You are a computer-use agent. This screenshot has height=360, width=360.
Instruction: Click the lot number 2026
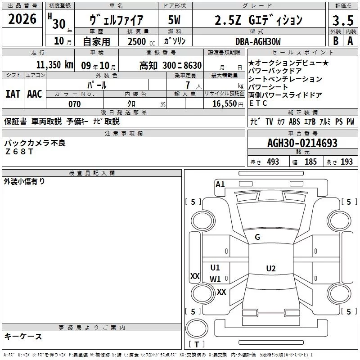[x=22, y=19]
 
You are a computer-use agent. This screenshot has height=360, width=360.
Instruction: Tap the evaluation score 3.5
[x=342, y=21]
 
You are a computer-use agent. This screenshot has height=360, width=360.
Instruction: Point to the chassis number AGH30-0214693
[x=302, y=144]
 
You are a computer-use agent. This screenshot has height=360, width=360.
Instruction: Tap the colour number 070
[x=75, y=104]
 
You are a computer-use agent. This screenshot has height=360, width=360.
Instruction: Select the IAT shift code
[x=13, y=94]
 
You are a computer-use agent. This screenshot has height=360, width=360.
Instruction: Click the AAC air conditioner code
[x=34, y=94]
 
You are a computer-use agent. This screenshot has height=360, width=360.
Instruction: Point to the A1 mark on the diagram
[x=220, y=184]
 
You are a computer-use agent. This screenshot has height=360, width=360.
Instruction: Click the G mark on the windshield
[x=257, y=237]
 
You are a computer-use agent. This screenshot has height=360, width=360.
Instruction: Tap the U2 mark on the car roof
[x=270, y=269]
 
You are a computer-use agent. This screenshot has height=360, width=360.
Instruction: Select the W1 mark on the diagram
[x=215, y=279]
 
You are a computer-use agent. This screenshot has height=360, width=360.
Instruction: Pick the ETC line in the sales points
[x=258, y=103]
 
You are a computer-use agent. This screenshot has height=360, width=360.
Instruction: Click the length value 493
[x=273, y=162]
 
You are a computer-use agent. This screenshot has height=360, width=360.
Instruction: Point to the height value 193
[x=347, y=162]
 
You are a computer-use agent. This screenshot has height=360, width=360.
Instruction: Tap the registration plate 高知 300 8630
[x=170, y=65]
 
